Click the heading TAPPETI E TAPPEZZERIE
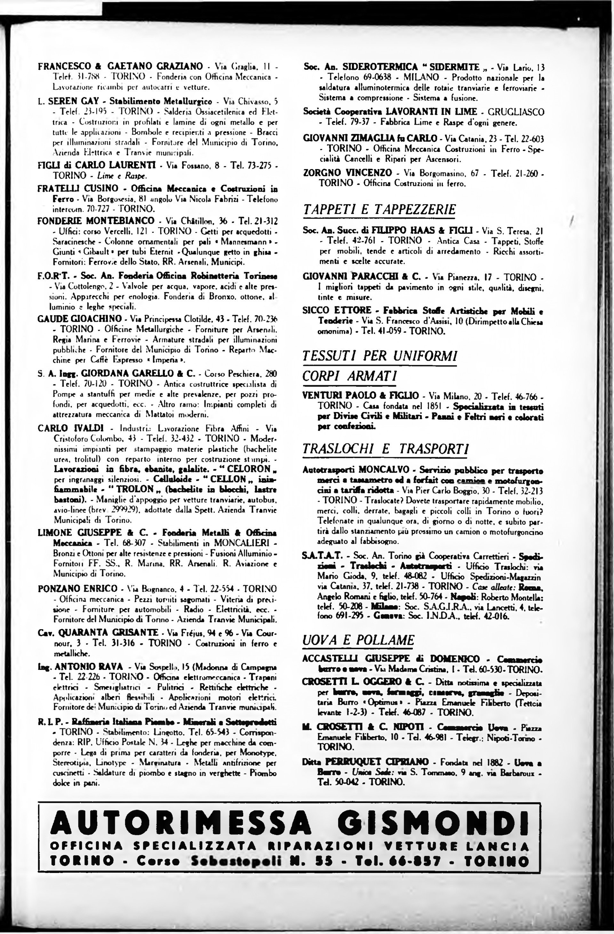[x=379, y=209]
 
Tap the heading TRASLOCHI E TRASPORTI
[x=386, y=449]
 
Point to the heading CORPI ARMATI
[x=350, y=376]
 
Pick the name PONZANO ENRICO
[x=77, y=589]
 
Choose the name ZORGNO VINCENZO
[x=347, y=173]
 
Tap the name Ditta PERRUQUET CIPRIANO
[x=365, y=762]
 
